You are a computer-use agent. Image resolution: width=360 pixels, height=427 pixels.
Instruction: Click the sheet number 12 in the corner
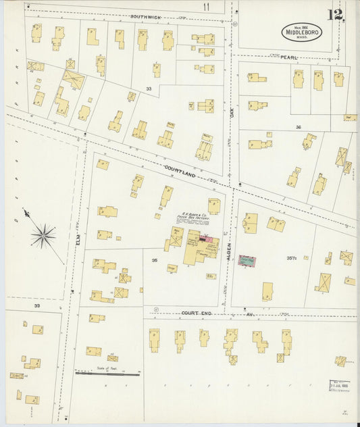pos(336,15)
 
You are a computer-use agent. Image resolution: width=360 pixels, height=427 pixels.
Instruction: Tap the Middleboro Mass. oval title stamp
pos(302,32)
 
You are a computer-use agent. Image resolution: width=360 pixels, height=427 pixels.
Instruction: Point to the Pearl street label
pos(289,58)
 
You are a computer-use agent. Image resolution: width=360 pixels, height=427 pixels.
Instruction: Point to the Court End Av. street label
pos(207,313)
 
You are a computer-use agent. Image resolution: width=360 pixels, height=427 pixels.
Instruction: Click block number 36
pos(297,126)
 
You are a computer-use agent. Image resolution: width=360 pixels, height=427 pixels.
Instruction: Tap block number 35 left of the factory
pos(155,259)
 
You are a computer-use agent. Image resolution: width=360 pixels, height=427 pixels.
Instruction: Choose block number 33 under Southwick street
pos(149,89)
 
